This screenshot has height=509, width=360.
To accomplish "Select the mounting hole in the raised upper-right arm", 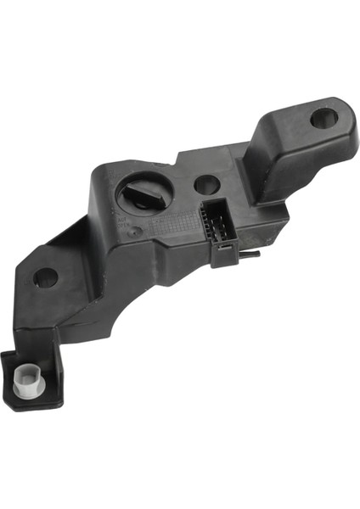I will tap(323, 118).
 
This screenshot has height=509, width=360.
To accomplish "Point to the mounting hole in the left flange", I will tap(45, 277).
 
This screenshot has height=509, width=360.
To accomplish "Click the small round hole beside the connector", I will tap(207, 183).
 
